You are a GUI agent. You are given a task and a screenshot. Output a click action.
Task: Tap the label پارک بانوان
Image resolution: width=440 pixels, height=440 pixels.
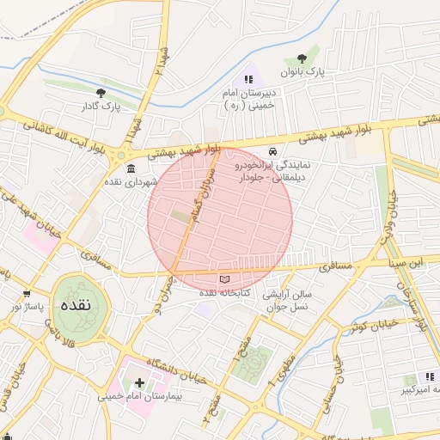coord(309,74)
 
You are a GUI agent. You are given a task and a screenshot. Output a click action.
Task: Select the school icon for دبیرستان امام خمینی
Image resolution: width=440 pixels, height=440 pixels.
coord(248,79)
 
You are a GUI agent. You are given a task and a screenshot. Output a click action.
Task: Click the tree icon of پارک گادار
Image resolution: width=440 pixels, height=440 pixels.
coord(101,92)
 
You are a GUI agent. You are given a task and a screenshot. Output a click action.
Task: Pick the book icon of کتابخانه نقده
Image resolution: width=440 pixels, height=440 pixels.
coord(225,279)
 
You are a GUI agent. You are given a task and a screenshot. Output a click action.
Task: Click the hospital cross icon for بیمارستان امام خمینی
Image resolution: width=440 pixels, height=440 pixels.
coord(140,382)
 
